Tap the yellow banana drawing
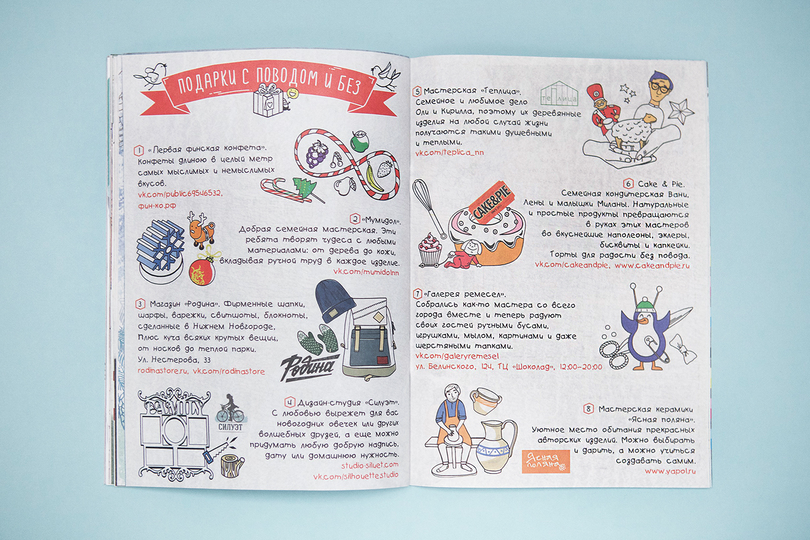pyautogui.click(x=372, y=176)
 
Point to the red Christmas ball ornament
pyautogui.click(x=202, y=270)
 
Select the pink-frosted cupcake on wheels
pyautogui.click(x=430, y=249)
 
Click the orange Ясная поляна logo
pyautogui.click(x=546, y=461)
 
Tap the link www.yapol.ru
pyautogui.click(x=670, y=471)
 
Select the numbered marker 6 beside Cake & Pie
pyautogui.click(x=628, y=184)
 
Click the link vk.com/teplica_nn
pyautogui.click(x=449, y=153)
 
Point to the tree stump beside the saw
pyautogui.click(x=232, y=465)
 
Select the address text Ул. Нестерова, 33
pyautogui.click(x=174, y=360)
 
